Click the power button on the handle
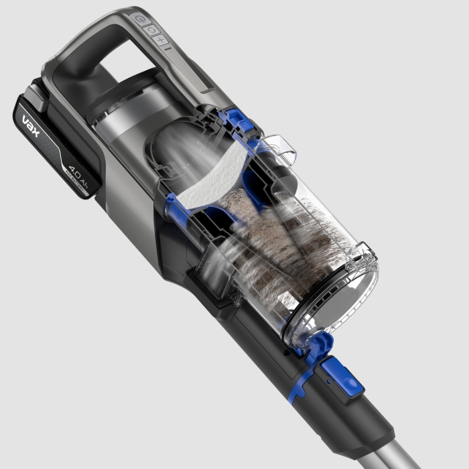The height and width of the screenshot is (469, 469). pyautogui.click(x=140, y=19)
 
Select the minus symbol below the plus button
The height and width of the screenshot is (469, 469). pyautogui.click(x=168, y=49)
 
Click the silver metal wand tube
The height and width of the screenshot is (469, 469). pyautogui.click(x=429, y=449)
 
